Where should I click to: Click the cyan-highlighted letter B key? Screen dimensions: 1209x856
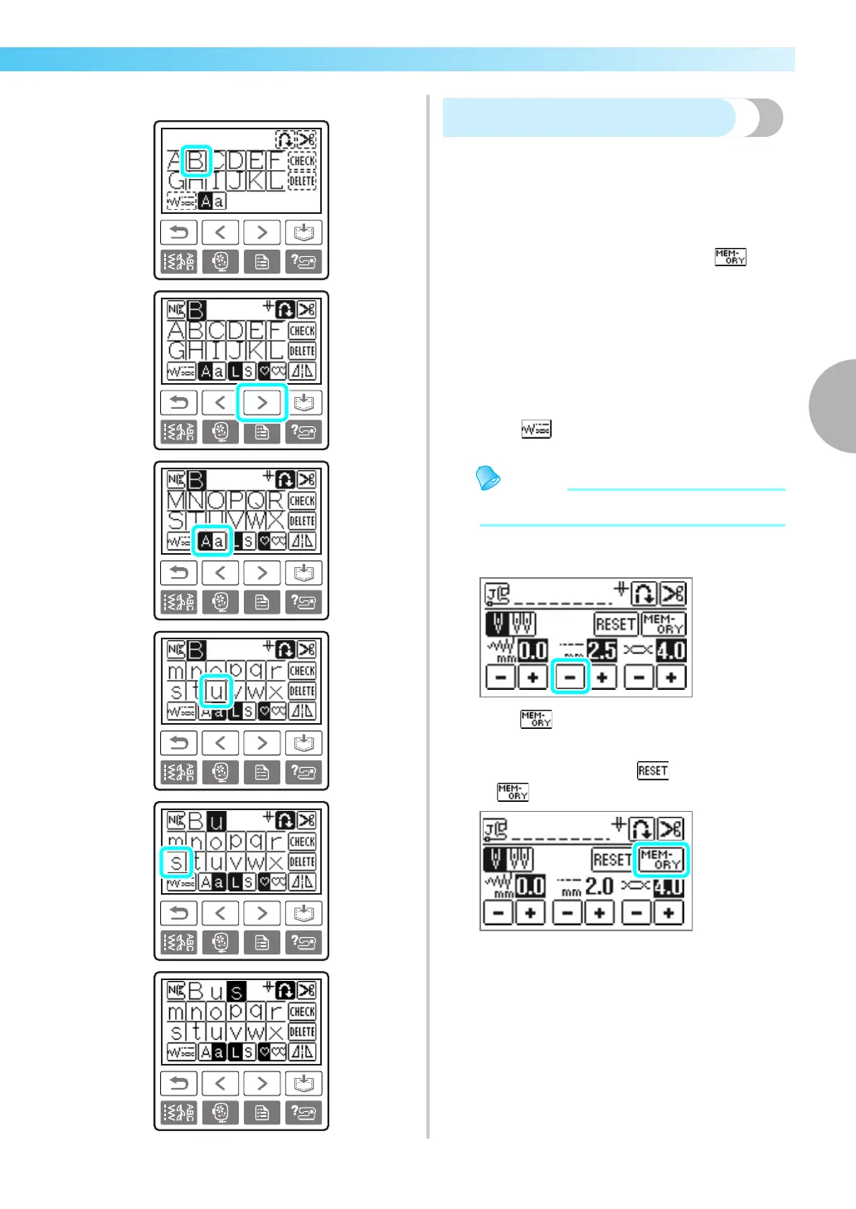(197, 160)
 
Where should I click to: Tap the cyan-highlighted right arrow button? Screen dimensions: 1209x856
(262, 403)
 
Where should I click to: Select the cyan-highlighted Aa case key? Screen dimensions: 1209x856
(212, 541)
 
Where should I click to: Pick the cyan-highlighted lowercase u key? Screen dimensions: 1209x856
(216, 691)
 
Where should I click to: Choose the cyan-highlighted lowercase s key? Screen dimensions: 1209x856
(176, 862)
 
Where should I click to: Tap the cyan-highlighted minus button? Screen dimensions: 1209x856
(569, 677)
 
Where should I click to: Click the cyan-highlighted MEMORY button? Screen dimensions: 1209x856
(660, 859)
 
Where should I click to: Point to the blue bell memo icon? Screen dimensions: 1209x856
(489, 478)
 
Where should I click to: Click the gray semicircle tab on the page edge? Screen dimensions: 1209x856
(834, 406)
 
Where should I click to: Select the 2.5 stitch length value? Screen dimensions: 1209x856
(601, 650)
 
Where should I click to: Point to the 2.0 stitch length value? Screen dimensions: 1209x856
(599, 886)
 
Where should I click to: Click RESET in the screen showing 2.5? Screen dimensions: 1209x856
(615, 624)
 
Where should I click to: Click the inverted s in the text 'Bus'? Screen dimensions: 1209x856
(236, 991)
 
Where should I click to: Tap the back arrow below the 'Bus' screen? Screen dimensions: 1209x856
(178, 1083)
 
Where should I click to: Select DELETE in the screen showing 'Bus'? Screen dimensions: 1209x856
(302, 1032)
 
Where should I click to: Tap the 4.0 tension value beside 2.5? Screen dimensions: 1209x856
(670, 650)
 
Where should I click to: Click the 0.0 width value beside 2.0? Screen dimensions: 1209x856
(530, 886)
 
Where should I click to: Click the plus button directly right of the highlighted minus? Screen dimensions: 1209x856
(603, 677)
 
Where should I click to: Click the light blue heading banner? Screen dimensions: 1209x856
(589, 118)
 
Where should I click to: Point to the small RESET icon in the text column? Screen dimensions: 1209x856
(653, 770)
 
